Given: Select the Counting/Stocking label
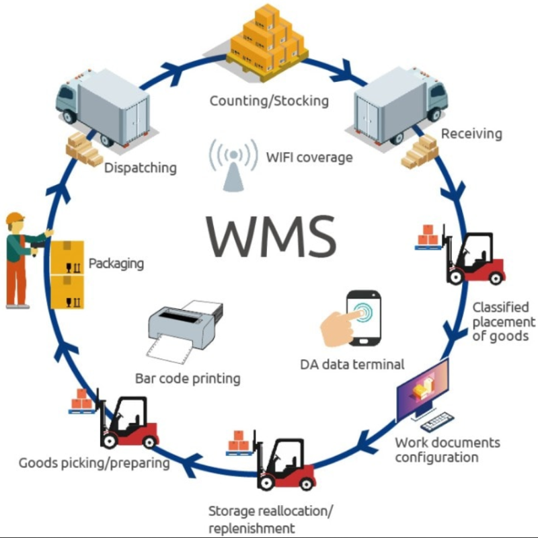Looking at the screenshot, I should [x=269, y=101].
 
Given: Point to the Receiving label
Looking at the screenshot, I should [x=471, y=133].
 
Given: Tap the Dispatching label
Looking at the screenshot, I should [x=140, y=167].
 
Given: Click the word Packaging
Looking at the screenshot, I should [x=116, y=263].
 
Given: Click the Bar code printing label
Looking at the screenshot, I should [x=188, y=378].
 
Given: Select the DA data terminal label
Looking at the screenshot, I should [x=352, y=364].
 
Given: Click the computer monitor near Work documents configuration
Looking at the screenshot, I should [x=422, y=389].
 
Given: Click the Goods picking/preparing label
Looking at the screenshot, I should [x=93, y=462].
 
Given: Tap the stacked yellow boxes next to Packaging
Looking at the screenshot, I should [x=67, y=274].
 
